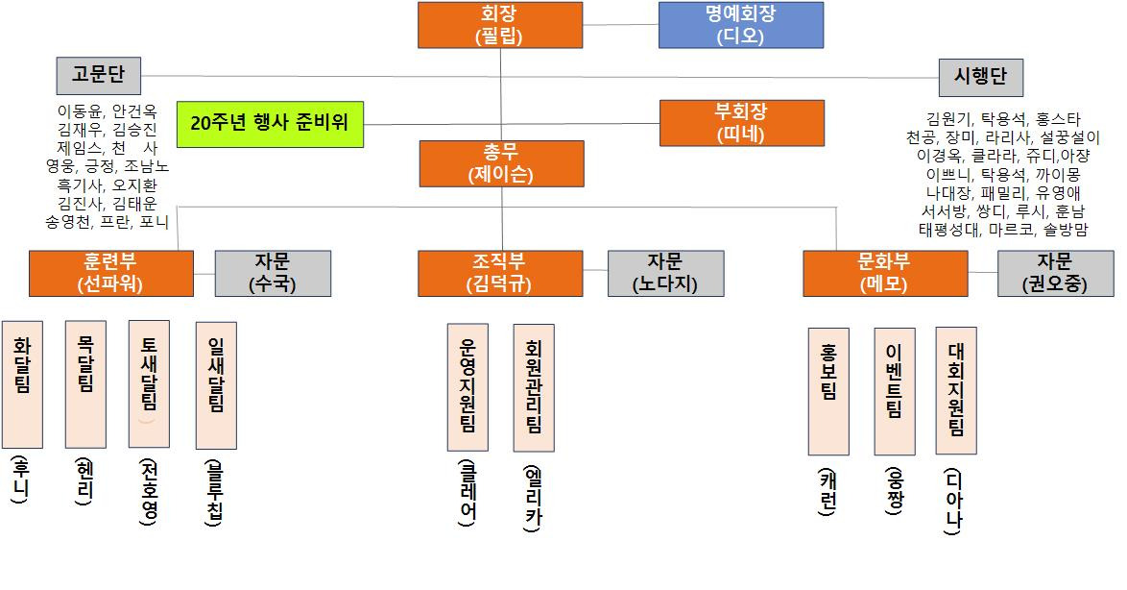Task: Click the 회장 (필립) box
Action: pos(499,25)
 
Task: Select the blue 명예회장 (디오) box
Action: pos(740,25)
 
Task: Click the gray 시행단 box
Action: pos(980,77)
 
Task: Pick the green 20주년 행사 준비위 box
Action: pos(270,123)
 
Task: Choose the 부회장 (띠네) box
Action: pos(740,122)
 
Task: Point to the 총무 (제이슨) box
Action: pos(500,163)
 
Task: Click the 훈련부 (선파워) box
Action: pos(110,273)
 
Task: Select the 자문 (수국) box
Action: pos(273,273)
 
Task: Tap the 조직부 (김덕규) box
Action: pos(500,273)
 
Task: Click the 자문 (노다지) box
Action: pos(665,273)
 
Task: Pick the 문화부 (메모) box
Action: pos(885,273)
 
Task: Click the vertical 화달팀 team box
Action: pos(22,383)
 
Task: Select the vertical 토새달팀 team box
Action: pos(149,383)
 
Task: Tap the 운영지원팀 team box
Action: pos(468,387)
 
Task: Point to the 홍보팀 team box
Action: pos(828,390)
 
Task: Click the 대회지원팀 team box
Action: pos(956,389)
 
